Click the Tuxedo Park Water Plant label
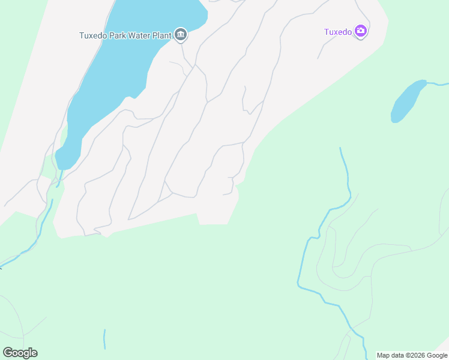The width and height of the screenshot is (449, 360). click(x=125, y=35)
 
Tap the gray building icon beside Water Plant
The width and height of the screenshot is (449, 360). click(x=181, y=35)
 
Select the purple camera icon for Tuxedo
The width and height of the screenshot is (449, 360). click(x=361, y=32)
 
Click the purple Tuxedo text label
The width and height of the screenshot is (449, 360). click(x=337, y=32)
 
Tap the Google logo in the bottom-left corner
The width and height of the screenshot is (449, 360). click(x=20, y=353)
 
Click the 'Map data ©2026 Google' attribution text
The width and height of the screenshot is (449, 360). click(x=412, y=355)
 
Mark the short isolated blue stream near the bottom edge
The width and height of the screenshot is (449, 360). click(x=104, y=339)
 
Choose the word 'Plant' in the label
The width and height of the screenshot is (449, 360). click(x=162, y=35)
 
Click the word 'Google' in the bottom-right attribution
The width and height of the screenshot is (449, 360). click(x=437, y=355)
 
